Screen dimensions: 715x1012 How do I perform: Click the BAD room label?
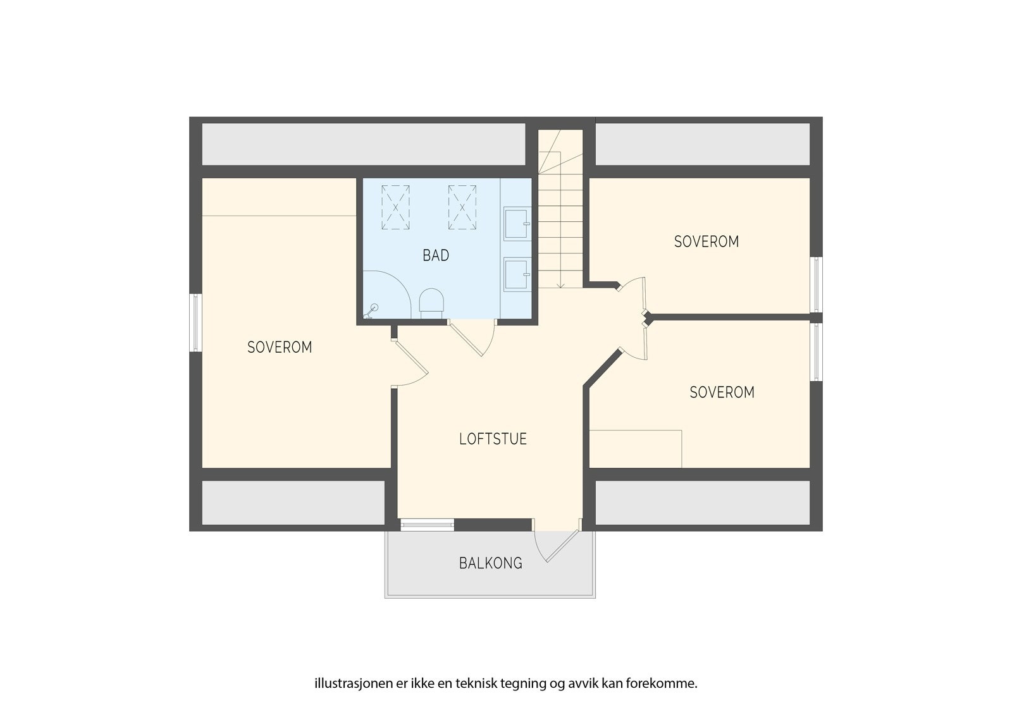(436, 255)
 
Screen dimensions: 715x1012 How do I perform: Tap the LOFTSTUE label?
(493, 439)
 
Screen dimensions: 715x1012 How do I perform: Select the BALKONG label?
(490, 563)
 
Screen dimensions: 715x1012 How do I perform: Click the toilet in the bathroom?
(432, 301)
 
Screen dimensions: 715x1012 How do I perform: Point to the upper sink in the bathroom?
(518, 223)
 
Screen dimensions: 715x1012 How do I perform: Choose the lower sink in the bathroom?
(518, 273)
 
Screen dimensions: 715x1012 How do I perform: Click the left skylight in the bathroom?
(395, 207)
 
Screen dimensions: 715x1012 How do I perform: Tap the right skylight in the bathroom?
(462, 207)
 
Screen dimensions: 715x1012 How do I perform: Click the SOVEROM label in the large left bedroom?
(280, 347)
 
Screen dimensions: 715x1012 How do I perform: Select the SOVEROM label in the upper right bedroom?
(706, 241)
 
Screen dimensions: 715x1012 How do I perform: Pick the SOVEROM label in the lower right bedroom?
(722, 393)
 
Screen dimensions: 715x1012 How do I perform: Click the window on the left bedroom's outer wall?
(196, 322)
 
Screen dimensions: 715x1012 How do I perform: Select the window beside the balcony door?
(428, 524)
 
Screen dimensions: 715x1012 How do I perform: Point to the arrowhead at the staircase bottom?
(560, 286)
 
